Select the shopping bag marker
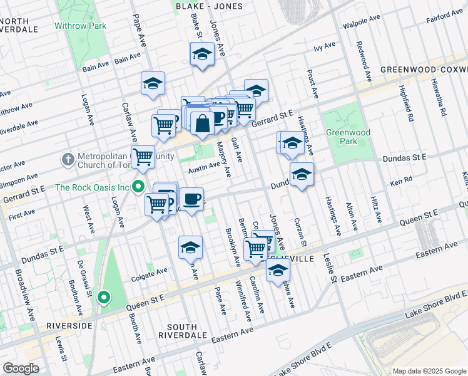[x=202, y=123]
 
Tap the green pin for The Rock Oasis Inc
[x=140, y=187]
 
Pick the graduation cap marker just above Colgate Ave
[x=190, y=248]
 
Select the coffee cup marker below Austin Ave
[x=192, y=199]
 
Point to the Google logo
[x=21, y=368]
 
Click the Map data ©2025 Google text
[x=429, y=371]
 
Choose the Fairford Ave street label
[x=445, y=16]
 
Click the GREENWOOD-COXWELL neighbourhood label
[x=424, y=69]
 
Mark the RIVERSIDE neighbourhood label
[x=70, y=326]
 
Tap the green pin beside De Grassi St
[x=104, y=298]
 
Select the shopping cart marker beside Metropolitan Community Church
[x=143, y=157]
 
